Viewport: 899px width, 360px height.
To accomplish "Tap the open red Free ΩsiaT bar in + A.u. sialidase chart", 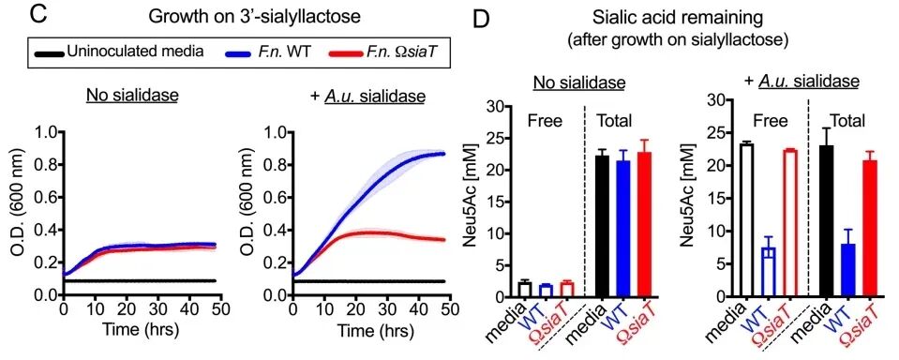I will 789,224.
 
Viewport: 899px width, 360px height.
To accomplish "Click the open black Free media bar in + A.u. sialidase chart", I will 747,221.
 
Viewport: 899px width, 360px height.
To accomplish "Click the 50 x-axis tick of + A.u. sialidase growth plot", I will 448,308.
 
